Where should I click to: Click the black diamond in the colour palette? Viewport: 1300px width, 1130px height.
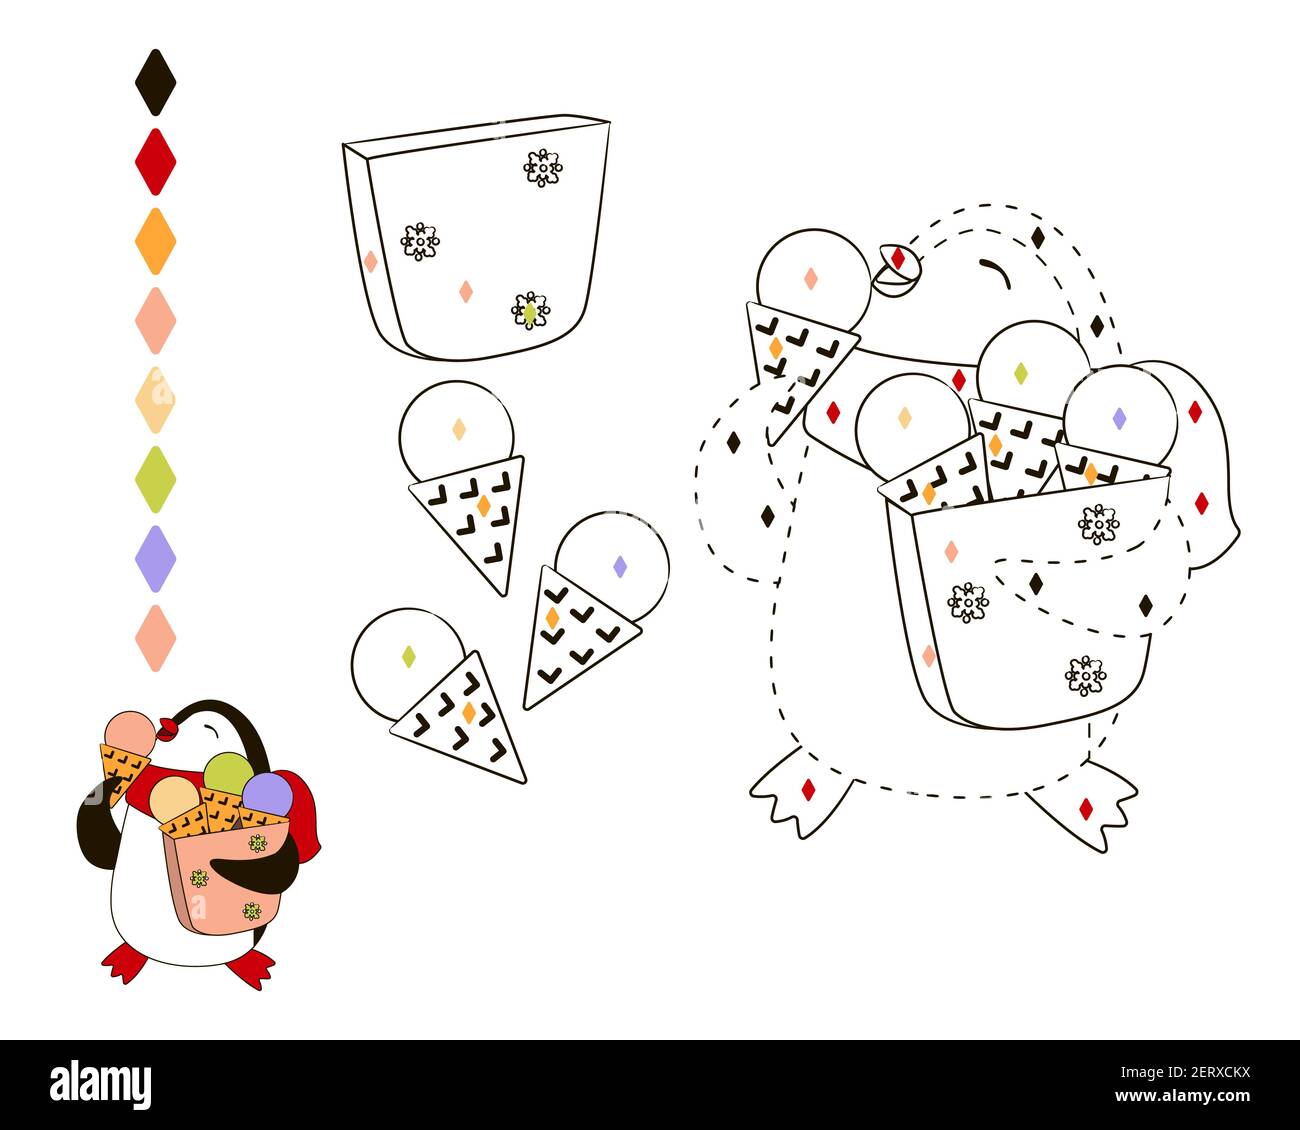pos(155,82)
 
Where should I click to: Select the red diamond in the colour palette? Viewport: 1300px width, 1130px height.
pos(155,161)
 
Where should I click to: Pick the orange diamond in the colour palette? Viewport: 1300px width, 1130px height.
pos(155,241)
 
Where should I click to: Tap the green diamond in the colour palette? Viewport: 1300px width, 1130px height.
pos(155,479)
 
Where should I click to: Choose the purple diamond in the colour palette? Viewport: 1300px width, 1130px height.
pos(155,558)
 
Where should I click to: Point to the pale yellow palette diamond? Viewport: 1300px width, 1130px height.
pos(155,400)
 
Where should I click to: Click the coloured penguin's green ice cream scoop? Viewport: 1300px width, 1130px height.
pos(228,772)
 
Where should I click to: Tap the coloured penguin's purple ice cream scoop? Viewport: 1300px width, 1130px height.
pos(268,794)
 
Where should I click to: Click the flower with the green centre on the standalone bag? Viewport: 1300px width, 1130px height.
pos(530,312)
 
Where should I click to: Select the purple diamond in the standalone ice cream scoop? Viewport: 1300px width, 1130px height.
pos(619,566)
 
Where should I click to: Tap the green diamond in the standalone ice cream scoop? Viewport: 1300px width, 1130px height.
pos(408,656)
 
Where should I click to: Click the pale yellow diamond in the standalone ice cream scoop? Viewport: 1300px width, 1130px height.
pos(458,429)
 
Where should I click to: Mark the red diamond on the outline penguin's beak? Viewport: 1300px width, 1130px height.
pos(898,258)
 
